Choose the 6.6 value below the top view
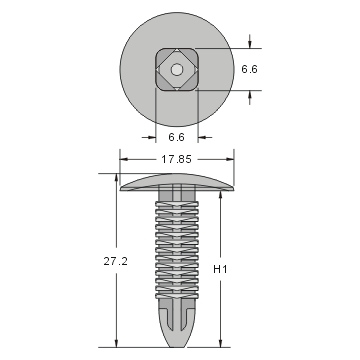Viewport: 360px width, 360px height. (x=176, y=135)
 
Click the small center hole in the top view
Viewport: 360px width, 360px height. (x=177, y=70)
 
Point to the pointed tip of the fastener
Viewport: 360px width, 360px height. (x=177, y=336)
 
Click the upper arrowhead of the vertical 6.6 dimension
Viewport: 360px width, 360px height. (x=249, y=46)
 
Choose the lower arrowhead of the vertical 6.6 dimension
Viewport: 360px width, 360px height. (x=249, y=94)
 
